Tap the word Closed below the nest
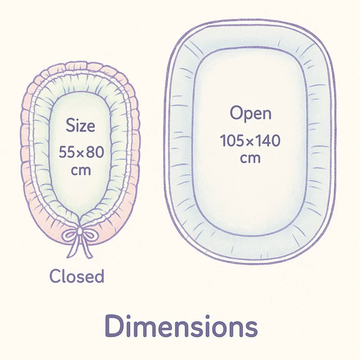[77, 276]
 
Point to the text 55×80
[81, 152]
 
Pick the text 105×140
[250, 141]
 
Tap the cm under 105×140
[250, 158]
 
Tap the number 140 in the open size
[269, 141]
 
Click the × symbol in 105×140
[250, 141]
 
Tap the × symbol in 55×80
[81, 153]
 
